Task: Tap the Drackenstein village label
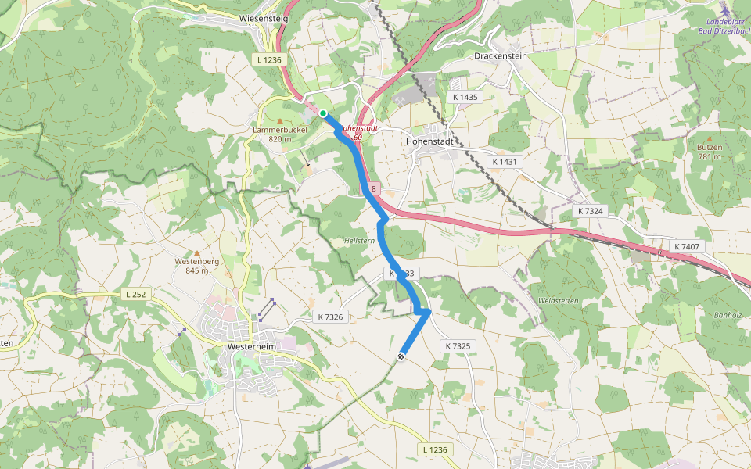tap(501, 56)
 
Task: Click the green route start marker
tap(322, 113)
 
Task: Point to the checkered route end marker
tap(401, 356)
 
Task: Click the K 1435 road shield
tap(465, 97)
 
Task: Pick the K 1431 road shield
tap(505, 161)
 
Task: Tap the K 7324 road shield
tap(591, 211)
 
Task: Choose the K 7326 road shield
tap(330, 317)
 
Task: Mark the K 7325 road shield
tap(458, 345)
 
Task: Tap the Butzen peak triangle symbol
tap(710, 138)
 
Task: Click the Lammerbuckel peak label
tap(272, 130)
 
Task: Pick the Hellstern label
tap(359, 241)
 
